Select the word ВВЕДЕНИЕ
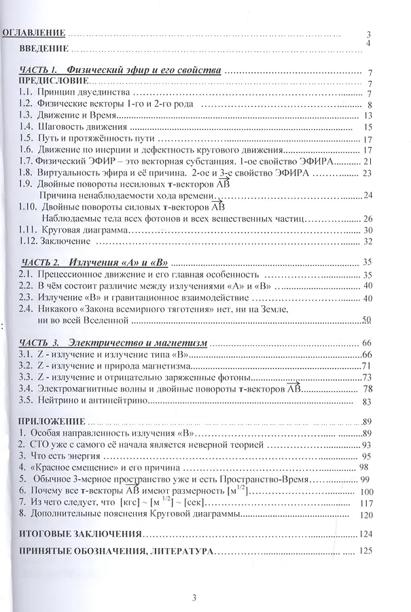coord(44,48)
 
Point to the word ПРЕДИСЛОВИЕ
coord(51,81)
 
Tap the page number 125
coord(368,550)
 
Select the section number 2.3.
coord(25,297)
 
